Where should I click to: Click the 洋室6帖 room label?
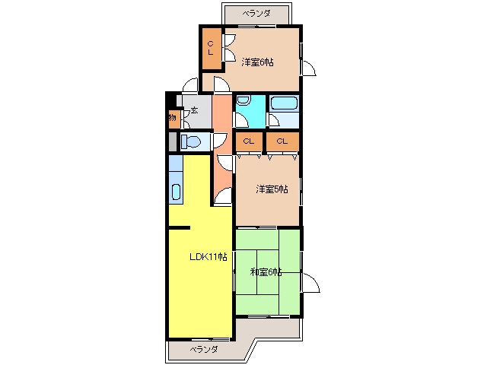point(257,62)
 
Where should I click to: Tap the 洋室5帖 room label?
point(272,189)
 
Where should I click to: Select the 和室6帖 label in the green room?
point(266,272)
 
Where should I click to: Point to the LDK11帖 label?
point(208,257)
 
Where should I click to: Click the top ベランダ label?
point(256,14)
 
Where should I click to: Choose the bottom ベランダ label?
point(204,350)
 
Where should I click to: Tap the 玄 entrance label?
point(195,109)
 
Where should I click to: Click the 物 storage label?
point(173,117)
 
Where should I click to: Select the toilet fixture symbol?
point(191,142)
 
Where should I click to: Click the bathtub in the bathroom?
point(284,103)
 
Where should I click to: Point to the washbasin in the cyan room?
point(243,100)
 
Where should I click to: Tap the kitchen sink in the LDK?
point(176,192)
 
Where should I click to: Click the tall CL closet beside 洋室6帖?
point(212,49)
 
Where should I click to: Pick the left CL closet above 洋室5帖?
point(249,141)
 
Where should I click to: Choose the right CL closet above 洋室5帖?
point(282,141)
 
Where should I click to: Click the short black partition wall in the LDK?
point(180,228)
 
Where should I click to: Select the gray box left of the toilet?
point(173,142)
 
